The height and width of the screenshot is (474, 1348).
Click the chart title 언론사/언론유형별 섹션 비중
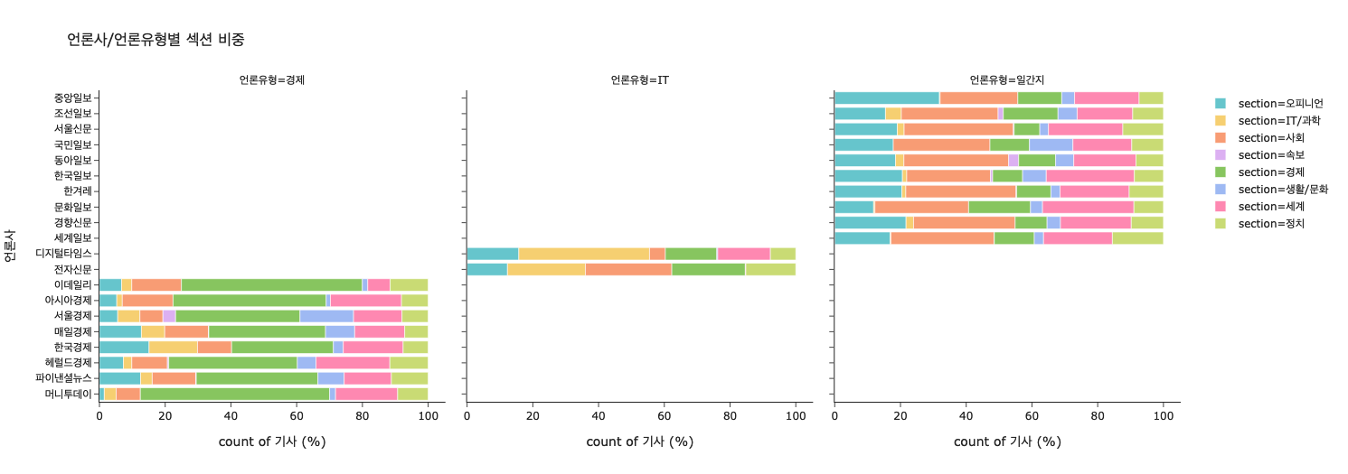tap(156, 40)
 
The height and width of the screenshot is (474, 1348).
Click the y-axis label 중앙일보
tap(72, 98)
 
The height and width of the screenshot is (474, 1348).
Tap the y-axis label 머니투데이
tap(68, 394)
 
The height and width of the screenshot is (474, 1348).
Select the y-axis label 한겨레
tap(78, 191)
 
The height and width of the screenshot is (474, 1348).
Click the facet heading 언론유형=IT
tap(639, 80)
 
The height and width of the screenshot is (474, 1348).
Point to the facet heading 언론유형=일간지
tap(1006, 80)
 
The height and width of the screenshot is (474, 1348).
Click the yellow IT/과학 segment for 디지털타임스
tap(584, 254)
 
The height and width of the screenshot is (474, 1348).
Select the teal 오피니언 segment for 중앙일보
tap(886, 98)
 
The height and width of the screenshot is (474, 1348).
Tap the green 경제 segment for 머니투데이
tap(235, 394)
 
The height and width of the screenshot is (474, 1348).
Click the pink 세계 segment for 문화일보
tap(1088, 207)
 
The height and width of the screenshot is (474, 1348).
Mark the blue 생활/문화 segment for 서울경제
tap(326, 316)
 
